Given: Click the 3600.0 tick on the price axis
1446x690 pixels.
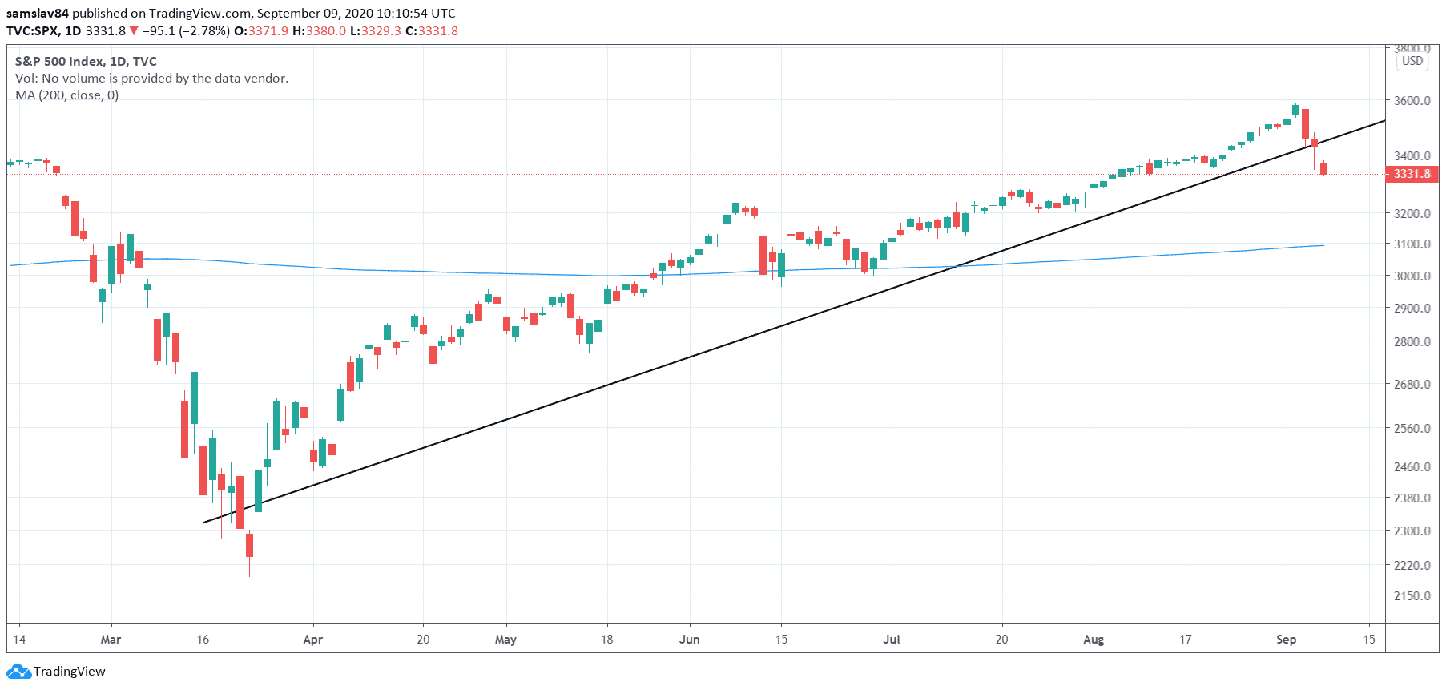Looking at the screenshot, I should tap(1412, 101).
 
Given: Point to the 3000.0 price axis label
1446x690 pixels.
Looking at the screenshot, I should tap(1412, 276).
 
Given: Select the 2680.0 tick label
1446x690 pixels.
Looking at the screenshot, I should tap(1412, 385).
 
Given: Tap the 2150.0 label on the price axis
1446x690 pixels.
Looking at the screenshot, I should tap(1412, 596).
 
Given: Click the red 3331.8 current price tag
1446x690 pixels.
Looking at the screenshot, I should tap(1412, 174).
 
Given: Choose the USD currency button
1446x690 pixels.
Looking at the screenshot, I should tap(1412, 61).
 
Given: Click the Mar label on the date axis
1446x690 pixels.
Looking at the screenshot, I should tap(111, 640).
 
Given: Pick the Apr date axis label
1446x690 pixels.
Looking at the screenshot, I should tap(312, 640).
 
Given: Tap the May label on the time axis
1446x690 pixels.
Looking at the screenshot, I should tap(505, 640).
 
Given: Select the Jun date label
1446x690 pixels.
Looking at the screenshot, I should tap(689, 640).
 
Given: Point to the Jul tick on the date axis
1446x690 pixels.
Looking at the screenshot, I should tap(891, 640).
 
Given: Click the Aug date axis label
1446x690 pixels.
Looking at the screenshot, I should tap(1093, 640).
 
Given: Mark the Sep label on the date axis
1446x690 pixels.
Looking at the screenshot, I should tap(1286, 640).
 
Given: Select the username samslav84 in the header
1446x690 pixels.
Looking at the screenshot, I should tap(38, 14).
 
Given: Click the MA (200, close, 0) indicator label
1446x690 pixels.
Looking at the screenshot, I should tap(67, 95).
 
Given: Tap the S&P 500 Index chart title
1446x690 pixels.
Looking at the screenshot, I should tap(86, 62).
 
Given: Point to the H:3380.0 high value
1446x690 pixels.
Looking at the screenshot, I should tap(319, 31).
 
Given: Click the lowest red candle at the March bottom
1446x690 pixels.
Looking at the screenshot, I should tap(249, 545).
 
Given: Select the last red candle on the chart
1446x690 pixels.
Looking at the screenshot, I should tap(1323, 168).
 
